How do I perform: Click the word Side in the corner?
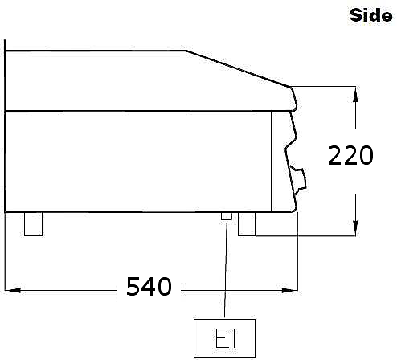tap(371, 15)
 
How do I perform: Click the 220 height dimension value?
tap(350, 155)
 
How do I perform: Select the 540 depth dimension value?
tap(149, 287)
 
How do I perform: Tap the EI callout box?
tap(224, 338)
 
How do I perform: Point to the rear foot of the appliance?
tap(33, 224)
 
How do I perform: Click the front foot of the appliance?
tap(247, 224)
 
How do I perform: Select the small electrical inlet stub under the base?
tap(227, 216)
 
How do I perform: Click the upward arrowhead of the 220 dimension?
tap(355, 94)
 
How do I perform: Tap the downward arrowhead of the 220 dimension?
tap(355, 228)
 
